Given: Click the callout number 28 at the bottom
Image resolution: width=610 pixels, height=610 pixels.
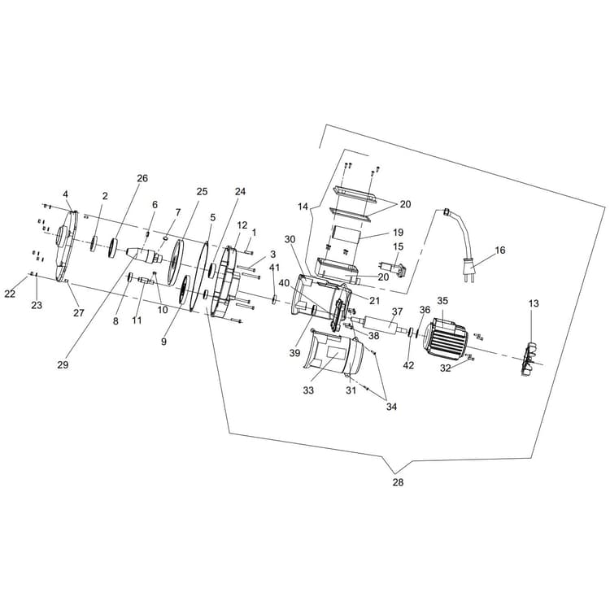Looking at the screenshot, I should point(397,482).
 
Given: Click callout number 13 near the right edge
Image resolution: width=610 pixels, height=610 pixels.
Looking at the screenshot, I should point(533,303).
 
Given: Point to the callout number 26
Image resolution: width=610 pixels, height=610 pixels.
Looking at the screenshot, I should point(142,178).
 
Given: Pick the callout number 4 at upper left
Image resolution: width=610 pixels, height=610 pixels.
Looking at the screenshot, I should point(66,194).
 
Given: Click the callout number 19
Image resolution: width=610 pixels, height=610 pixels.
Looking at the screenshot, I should point(399,232).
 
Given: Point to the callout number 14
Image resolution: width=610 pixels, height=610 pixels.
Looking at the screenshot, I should point(303,207).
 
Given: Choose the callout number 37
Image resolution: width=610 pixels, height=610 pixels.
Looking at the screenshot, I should point(397,312).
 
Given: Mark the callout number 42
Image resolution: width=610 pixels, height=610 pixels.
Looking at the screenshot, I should point(408,365).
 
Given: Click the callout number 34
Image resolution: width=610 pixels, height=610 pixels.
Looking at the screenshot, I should point(393,407).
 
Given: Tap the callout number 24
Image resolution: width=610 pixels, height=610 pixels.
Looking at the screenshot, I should point(240,191).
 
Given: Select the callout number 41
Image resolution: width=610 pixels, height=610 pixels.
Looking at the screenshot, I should point(274,268).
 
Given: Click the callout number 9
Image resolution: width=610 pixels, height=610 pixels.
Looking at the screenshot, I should point(163,342).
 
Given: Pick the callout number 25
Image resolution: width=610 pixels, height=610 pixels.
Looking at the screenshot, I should point(203,191).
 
